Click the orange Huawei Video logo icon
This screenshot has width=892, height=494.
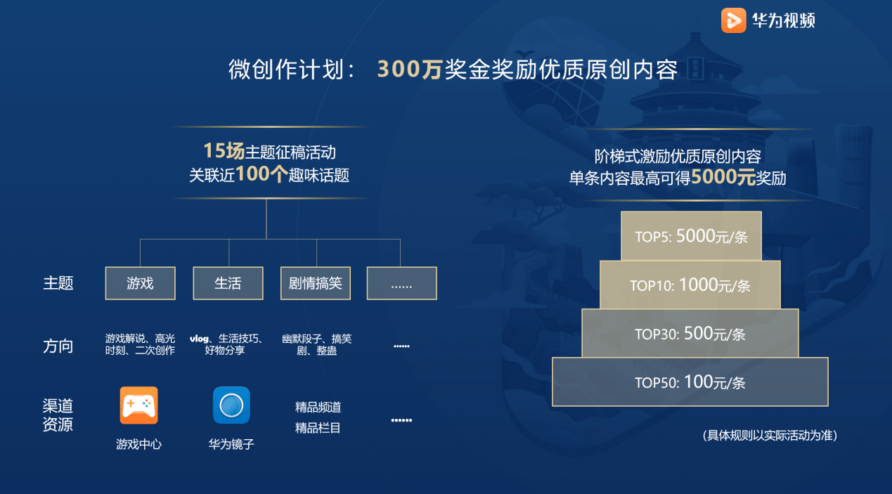[733, 20]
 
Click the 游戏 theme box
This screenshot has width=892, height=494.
[140, 283]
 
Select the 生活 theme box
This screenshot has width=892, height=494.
[228, 283]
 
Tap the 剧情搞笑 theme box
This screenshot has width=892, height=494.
[316, 283]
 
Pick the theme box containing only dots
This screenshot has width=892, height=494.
[401, 283]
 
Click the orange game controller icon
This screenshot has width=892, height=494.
[138, 405]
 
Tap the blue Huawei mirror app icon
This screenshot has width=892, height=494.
[231, 405]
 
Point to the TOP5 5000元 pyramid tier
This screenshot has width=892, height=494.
[691, 236]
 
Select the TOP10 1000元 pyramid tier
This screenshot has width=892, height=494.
[690, 285]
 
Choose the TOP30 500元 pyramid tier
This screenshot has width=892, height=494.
[690, 333]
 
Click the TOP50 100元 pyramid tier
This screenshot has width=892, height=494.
[690, 382]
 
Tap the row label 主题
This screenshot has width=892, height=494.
[58, 283]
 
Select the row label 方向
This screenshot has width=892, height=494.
[58, 346]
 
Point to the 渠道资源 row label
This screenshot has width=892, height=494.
[58, 415]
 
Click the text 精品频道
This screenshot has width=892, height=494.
[318, 408]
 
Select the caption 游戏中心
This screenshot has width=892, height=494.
[138, 444]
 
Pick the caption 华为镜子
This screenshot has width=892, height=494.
[231, 444]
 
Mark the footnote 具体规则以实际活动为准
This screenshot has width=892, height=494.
[770, 436]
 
